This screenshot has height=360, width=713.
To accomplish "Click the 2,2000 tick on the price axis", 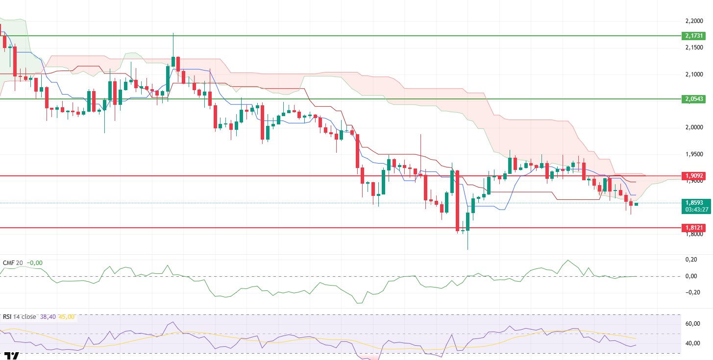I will point(696,21).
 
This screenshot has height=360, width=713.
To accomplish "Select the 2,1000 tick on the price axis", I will point(696,74).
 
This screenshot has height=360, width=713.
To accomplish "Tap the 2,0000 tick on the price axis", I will point(696,127).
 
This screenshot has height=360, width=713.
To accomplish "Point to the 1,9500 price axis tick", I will point(696,154).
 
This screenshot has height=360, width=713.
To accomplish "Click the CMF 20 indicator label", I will point(13,263).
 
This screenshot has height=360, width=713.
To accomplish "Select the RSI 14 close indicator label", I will point(20,317).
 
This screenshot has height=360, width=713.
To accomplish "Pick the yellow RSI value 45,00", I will point(67,317).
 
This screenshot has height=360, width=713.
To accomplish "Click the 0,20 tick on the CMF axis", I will point(691,259).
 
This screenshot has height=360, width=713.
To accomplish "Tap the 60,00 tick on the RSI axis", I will point(692,324).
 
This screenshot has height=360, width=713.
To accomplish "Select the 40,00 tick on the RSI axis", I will point(692,343).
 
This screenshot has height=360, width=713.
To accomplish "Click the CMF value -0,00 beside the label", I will point(34,263).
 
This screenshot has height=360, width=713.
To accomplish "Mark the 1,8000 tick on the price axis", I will point(696,234).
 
